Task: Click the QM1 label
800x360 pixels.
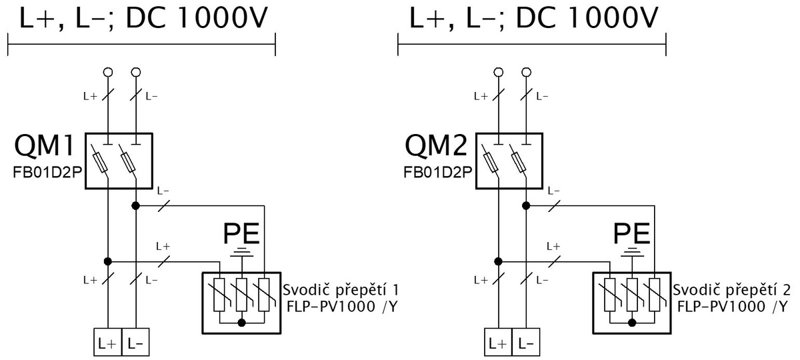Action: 45,146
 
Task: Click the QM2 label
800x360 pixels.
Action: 436,146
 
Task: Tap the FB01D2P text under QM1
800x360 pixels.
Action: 47,173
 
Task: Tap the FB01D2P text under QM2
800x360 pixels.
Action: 438,173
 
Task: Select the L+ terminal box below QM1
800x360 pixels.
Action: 107,342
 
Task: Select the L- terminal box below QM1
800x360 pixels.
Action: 135,342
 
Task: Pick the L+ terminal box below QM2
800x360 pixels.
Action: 498,342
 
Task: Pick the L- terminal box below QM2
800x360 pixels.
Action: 526,342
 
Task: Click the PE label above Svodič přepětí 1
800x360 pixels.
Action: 241,233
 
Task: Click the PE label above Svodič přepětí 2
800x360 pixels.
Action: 631,233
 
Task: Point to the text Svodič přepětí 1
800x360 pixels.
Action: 341,289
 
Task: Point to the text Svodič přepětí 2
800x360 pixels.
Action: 731,289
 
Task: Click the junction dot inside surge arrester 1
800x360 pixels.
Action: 242,323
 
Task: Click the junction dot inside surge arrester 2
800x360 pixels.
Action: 632,323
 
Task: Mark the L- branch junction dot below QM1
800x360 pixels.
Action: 135,206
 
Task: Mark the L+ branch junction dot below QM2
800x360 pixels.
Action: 498,262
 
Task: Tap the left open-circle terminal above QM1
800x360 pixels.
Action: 107,73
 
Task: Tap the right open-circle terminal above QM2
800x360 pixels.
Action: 526,73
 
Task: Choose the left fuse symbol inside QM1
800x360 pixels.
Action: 100,163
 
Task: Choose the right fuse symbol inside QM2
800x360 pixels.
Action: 519,163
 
